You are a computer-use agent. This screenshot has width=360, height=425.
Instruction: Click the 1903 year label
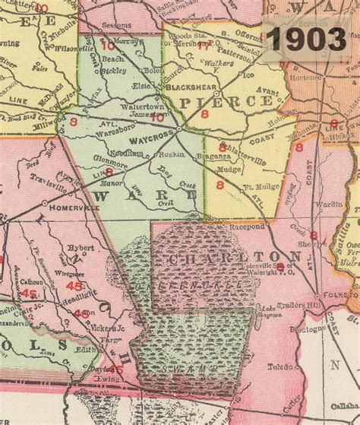310,38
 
